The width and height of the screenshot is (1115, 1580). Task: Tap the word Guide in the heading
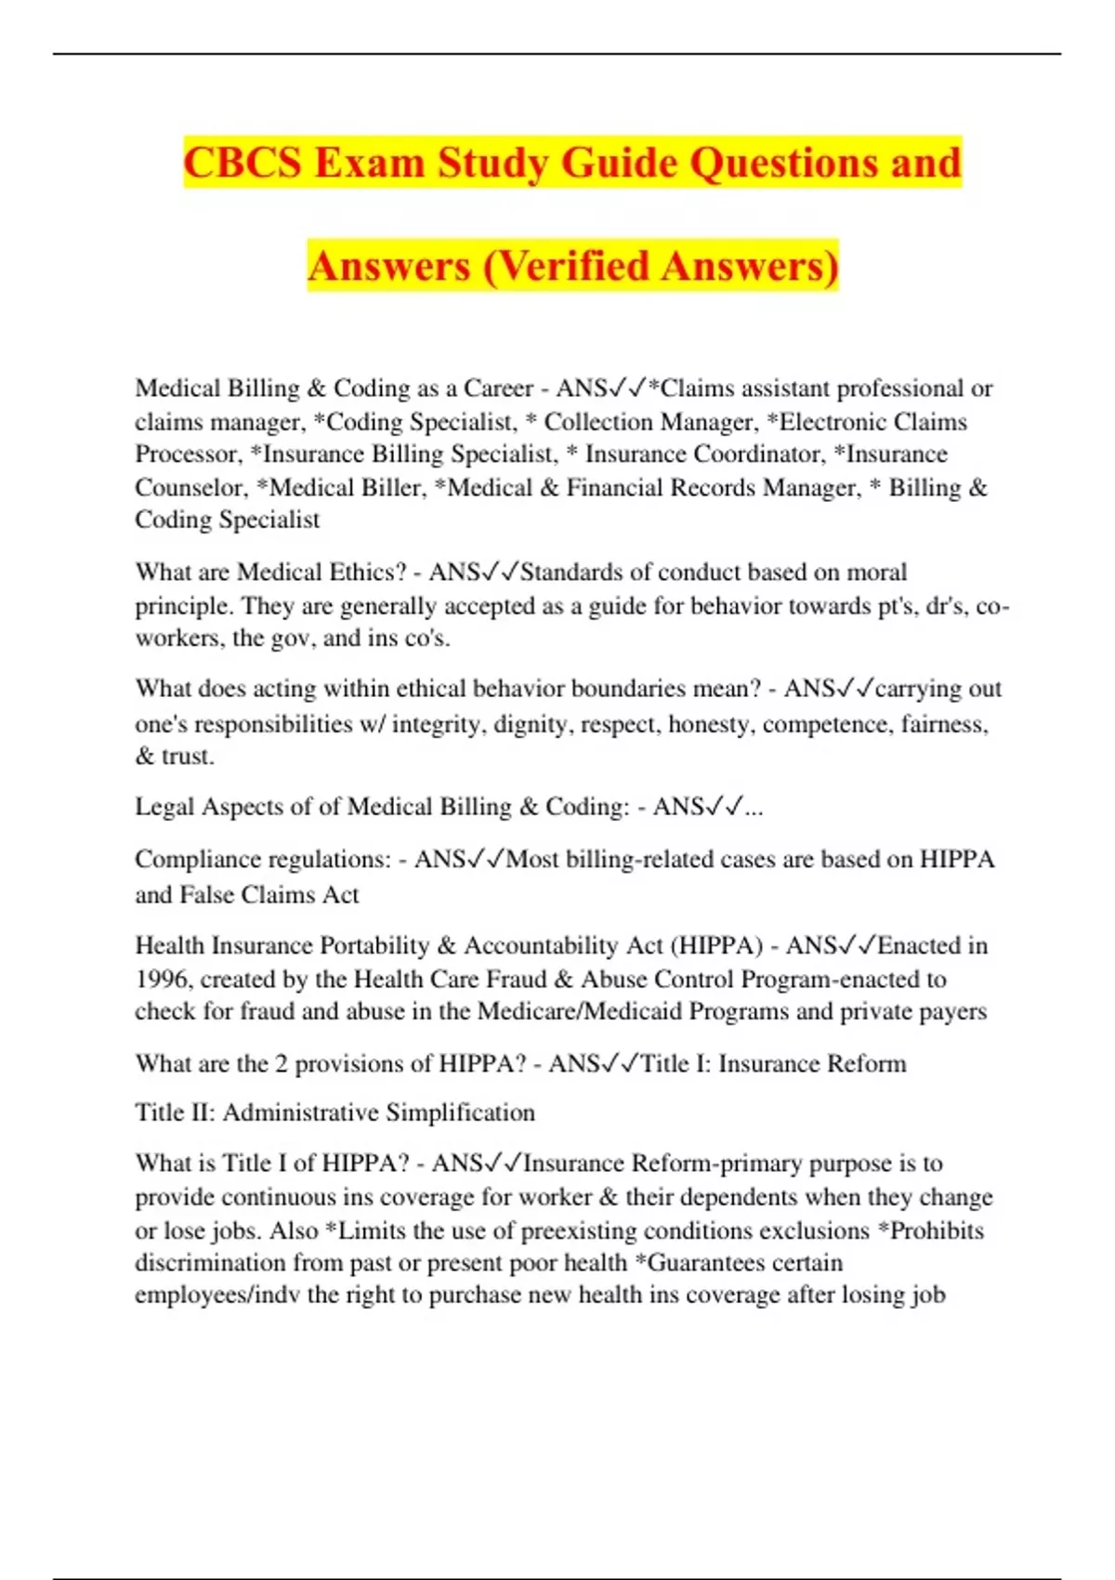pos(620,163)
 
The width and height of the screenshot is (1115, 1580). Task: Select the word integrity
pos(439,724)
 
